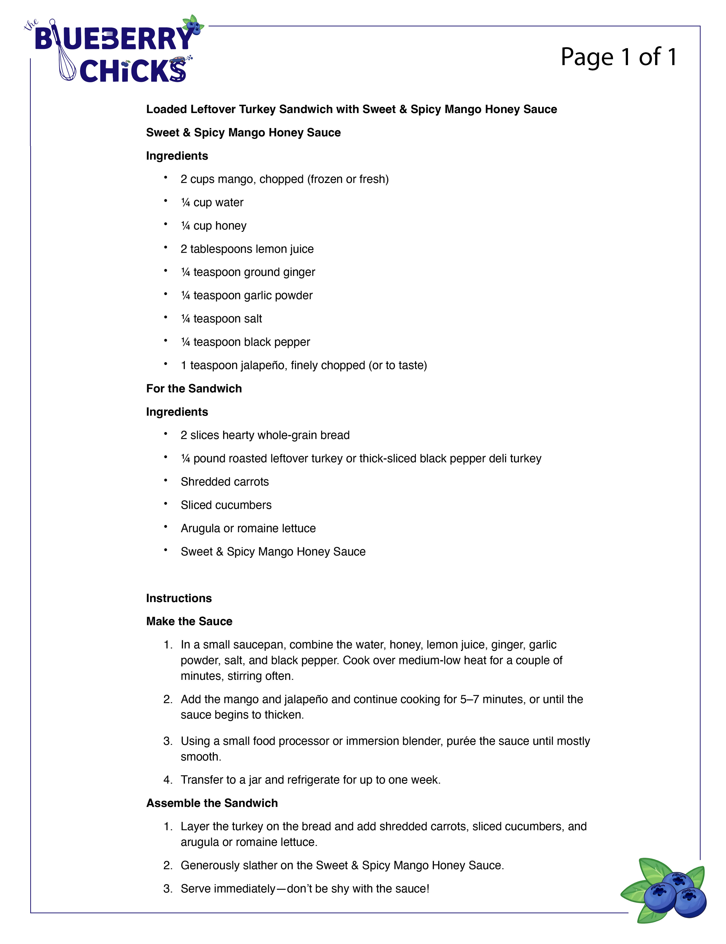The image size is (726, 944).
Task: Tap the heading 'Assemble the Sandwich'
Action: (x=212, y=803)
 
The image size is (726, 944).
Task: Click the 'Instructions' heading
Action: (x=179, y=598)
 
